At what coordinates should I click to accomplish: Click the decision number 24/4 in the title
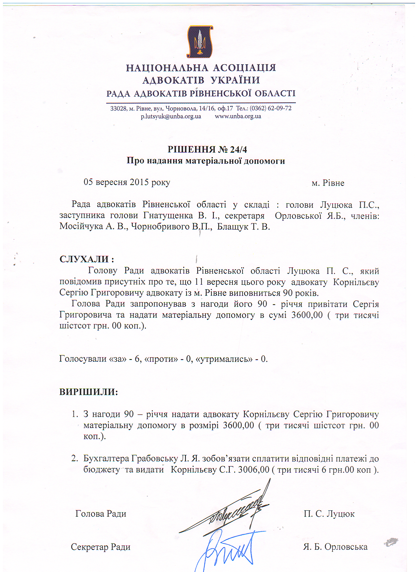click(x=238, y=150)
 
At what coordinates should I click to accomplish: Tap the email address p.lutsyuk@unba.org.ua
click(x=171, y=116)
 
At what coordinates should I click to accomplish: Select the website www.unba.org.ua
click(x=238, y=116)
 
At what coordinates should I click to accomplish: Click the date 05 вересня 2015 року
click(x=127, y=182)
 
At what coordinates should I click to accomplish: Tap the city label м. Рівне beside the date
click(x=328, y=183)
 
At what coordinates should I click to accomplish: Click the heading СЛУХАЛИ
click(x=87, y=259)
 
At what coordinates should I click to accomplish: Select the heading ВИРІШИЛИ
click(x=89, y=392)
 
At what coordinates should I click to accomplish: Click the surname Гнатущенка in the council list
click(x=168, y=216)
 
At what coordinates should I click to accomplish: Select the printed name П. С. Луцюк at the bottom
click(x=329, y=514)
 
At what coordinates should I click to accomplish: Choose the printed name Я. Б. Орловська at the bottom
click(x=335, y=547)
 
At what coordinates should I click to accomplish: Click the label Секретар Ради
click(x=101, y=547)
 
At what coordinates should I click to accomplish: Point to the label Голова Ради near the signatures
click(x=101, y=514)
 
